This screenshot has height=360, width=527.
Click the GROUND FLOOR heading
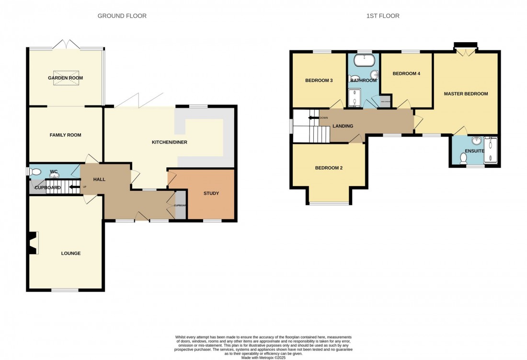(x=122, y=16)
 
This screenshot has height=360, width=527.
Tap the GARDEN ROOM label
(x=65, y=78)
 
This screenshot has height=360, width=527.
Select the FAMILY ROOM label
(x=65, y=135)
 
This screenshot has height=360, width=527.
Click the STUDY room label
(x=211, y=194)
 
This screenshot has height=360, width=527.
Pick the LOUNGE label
(x=70, y=253)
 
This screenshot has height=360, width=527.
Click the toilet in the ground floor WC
(x=34, y=172)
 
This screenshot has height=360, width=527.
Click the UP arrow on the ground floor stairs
(x=75, y=187)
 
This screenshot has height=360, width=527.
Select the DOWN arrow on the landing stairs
(x=314, y=117)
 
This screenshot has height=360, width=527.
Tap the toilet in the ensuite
(x=463, y=158)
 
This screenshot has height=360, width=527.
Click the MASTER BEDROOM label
(x=466, y=94)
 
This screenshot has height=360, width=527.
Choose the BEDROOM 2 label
(x=329, y=168)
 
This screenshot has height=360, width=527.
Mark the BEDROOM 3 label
(x=319, y=81)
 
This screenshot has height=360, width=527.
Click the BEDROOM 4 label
(x=406, y=73)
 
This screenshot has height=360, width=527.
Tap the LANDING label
(x=343, y=127)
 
